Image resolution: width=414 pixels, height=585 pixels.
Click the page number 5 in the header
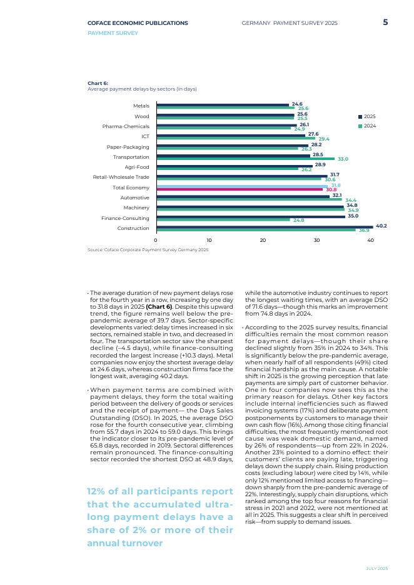385,22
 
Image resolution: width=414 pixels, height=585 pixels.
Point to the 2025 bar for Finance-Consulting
250,216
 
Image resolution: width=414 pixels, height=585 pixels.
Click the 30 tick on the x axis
316,241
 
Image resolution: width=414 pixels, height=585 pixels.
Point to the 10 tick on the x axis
210,241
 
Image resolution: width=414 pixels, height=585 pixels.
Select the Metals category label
141,106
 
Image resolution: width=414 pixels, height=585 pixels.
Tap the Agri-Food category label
137,167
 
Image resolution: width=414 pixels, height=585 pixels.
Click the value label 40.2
381,226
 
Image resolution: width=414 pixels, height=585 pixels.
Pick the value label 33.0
343,159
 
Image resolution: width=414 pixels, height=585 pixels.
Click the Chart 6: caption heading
98,83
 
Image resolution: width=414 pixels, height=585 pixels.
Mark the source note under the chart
148,250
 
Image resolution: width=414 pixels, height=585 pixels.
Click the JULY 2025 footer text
376,568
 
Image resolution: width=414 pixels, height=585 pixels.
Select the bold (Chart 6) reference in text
159,307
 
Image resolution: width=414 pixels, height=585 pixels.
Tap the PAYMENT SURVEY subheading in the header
113,33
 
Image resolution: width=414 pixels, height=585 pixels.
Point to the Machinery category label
136,207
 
